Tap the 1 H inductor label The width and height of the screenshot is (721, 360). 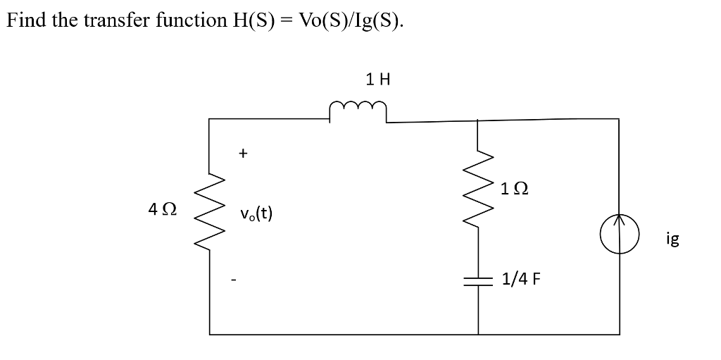(x=377, y=80)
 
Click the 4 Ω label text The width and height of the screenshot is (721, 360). (x=163, y=209)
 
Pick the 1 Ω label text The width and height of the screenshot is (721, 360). (x=515, y=189)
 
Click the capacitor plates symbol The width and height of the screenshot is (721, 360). (x=478, y=280)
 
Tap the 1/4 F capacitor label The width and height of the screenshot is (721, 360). (x=522, y=279)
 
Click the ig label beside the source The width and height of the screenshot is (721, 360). (x=672, y=240)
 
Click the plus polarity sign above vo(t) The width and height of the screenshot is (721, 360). (x=243, y=151)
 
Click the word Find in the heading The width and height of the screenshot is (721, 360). (x=27, y=20)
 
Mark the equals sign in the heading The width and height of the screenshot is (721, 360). (x=286, y=20)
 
